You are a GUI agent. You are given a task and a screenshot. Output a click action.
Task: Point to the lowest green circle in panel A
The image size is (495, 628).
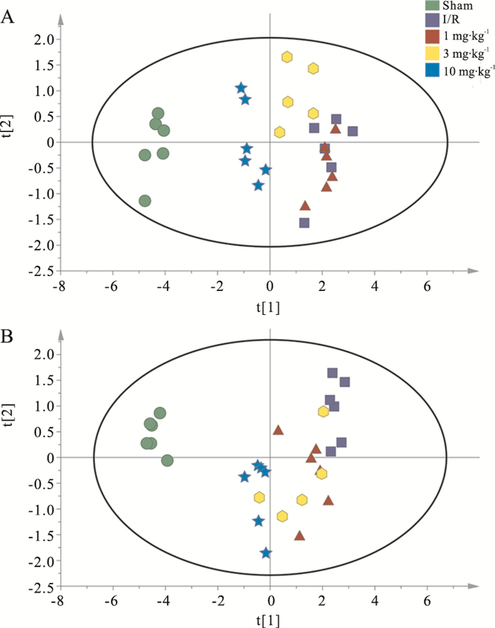pyautogui.click(x=145, y=201)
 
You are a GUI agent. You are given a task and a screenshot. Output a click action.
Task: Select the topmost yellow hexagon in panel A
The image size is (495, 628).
pyautogui.click(x=287, y=57)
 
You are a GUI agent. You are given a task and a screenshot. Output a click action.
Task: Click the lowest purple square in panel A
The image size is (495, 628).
pyautogui.click(x=305, y=223)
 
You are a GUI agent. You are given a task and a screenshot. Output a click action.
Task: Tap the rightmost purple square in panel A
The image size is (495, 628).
pyautogui.click(x=352, y=131)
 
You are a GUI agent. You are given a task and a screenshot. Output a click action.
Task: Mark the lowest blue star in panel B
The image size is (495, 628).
pyautogui.click(x=266, y=553)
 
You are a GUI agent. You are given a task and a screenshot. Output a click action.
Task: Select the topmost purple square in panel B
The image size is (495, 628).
pyautogui.click(x=332, y=373)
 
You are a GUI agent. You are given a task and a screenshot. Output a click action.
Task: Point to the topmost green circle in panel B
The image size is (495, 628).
pyautogui.click(x=160, y=413)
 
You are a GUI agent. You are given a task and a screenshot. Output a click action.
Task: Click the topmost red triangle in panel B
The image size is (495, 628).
pyautogui.click(x=279, y=430)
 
